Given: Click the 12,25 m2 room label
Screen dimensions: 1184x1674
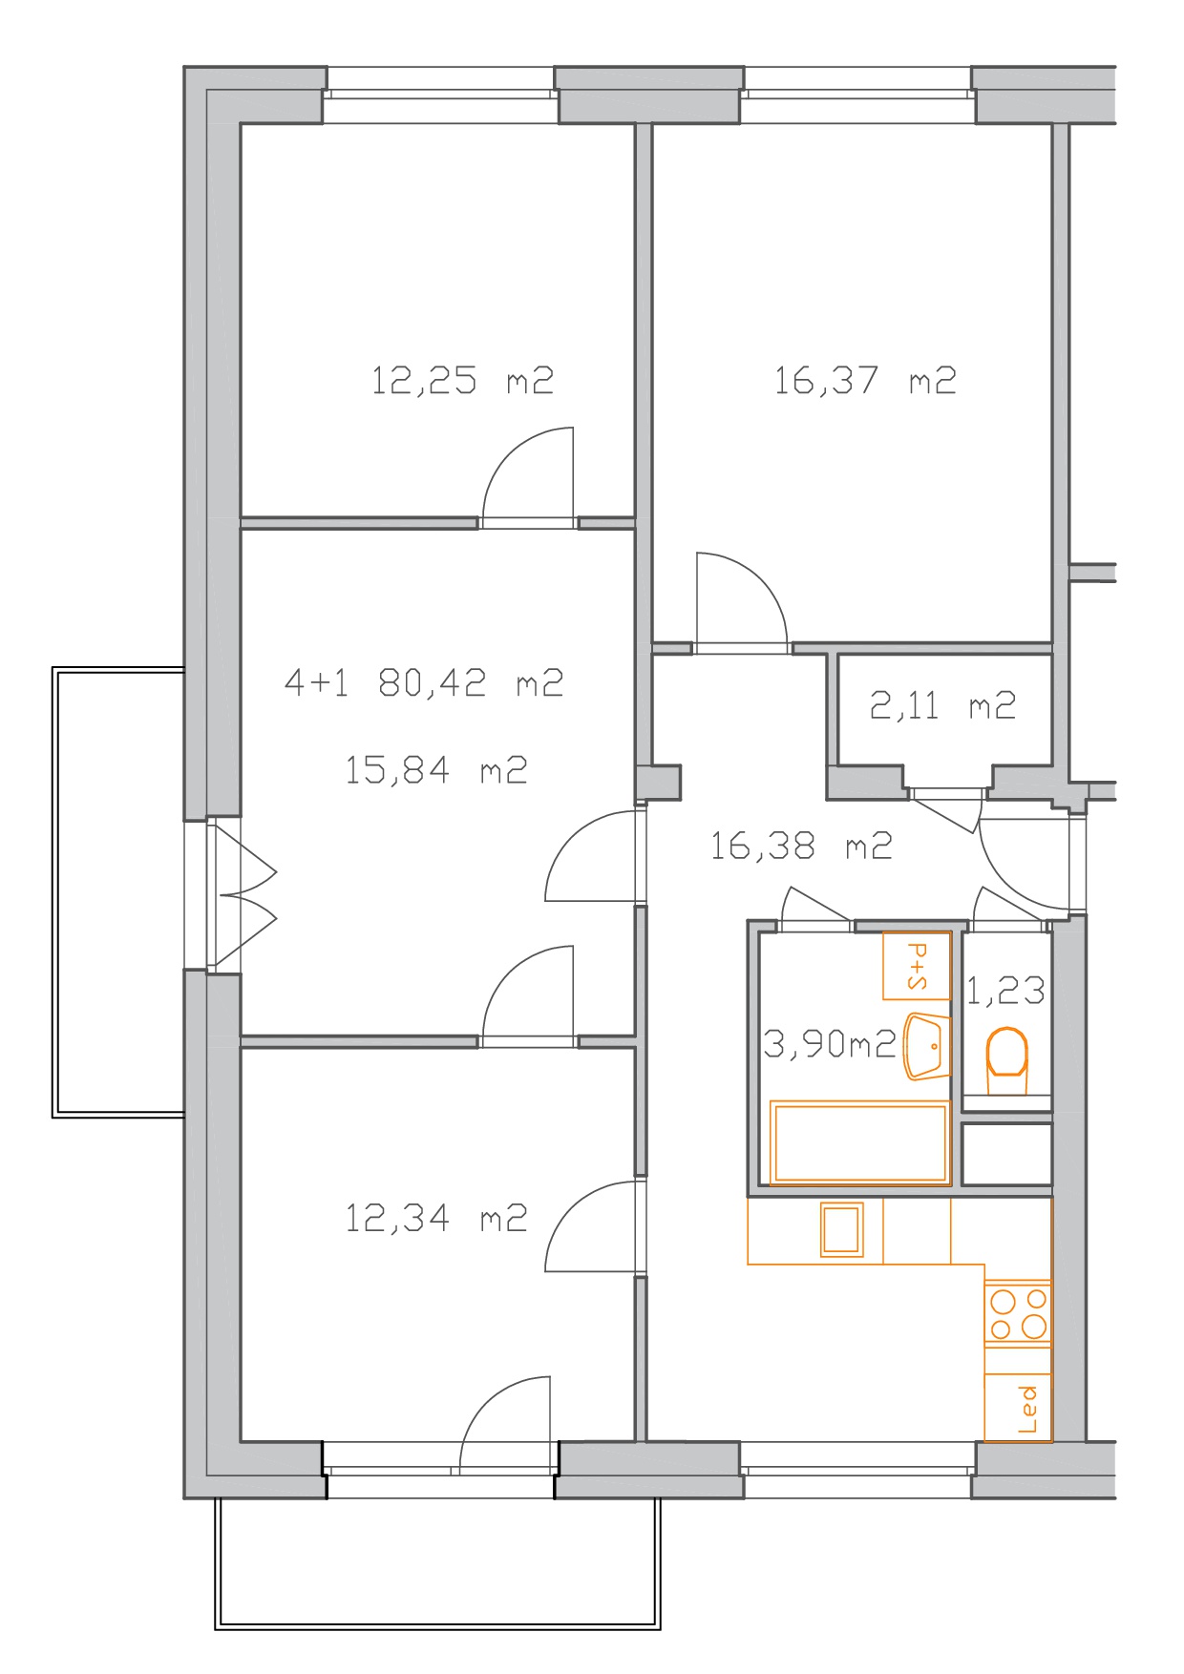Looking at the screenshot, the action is (462, 381).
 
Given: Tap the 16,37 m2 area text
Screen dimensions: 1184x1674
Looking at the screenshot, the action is (864, 381).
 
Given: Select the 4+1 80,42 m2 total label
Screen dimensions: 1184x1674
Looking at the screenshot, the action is (424, 682).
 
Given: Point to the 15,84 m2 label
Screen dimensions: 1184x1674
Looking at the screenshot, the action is (435, 769).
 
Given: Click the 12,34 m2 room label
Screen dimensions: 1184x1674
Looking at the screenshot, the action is (435, 1218).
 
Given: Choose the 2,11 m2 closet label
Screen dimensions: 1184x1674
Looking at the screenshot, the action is (942, 705).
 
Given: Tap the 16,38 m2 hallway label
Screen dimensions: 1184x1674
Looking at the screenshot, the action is (801, 846).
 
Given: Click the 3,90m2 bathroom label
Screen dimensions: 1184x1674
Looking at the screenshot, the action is (830, 1044).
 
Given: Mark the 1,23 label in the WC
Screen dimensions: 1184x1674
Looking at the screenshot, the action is (1005, 991).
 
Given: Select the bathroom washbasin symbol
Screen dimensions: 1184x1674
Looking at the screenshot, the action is (926, 1046).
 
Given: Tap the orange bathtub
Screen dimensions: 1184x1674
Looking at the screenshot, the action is (859, 1142).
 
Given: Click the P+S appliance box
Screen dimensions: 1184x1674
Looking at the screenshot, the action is (917, 966).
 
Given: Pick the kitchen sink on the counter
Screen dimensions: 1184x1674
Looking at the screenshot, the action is (842, 1228).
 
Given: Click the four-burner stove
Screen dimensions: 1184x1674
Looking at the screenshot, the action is (1018, 1313).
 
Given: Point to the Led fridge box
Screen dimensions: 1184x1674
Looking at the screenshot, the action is (1018, 1408).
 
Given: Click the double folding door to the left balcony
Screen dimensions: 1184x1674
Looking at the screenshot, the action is (243, 895).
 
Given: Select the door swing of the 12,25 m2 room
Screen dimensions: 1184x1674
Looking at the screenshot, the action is (528, 477).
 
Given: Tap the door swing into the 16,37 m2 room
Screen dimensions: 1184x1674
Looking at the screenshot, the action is (742, 601).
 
